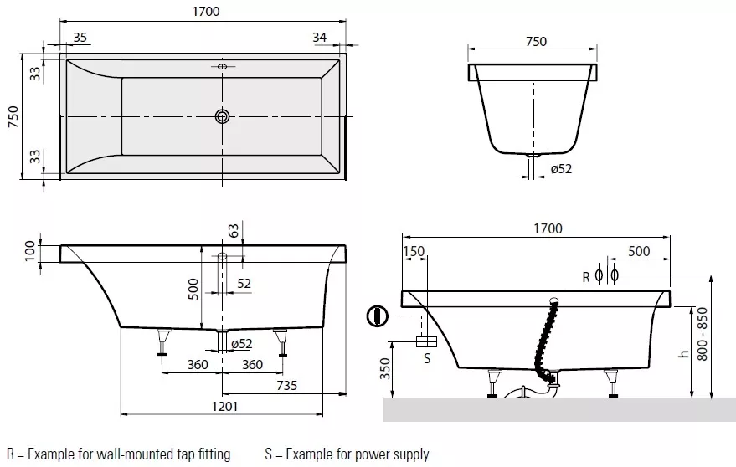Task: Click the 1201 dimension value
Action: click(x=225, y=406)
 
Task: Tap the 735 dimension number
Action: click(x=287, y=385)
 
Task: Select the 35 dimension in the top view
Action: click(x=80, y=37)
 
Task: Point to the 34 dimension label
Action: click(x=320, y=37)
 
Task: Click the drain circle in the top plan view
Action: click(x=223, y=116)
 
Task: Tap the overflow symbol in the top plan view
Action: click(x=223, y=67)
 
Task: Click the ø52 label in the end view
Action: click(x=561, y=168)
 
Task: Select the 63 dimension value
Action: click(x=234, y=230)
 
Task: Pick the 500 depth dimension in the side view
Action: click(x=193, y=289)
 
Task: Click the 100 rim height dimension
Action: click(x=29, y=250)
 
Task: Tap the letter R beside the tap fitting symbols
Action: click(x=586, y=277)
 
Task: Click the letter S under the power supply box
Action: click(x=427, y=358)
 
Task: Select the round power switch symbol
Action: click(x=377, y=316)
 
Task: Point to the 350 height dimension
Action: click(x=385, y=368)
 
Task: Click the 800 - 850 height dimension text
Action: click(x=703, y=334)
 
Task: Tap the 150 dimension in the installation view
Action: click(x=414, y=251)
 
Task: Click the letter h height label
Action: click(x=684, y=353)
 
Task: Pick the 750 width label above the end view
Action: click(x=536, y=41)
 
